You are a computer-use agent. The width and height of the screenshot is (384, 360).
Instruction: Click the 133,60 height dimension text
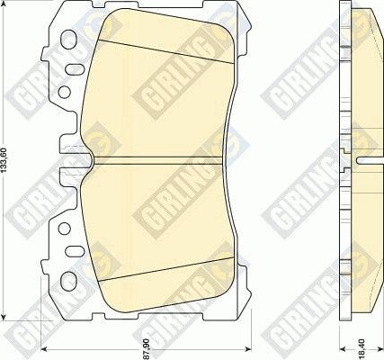[x=8, y=162]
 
